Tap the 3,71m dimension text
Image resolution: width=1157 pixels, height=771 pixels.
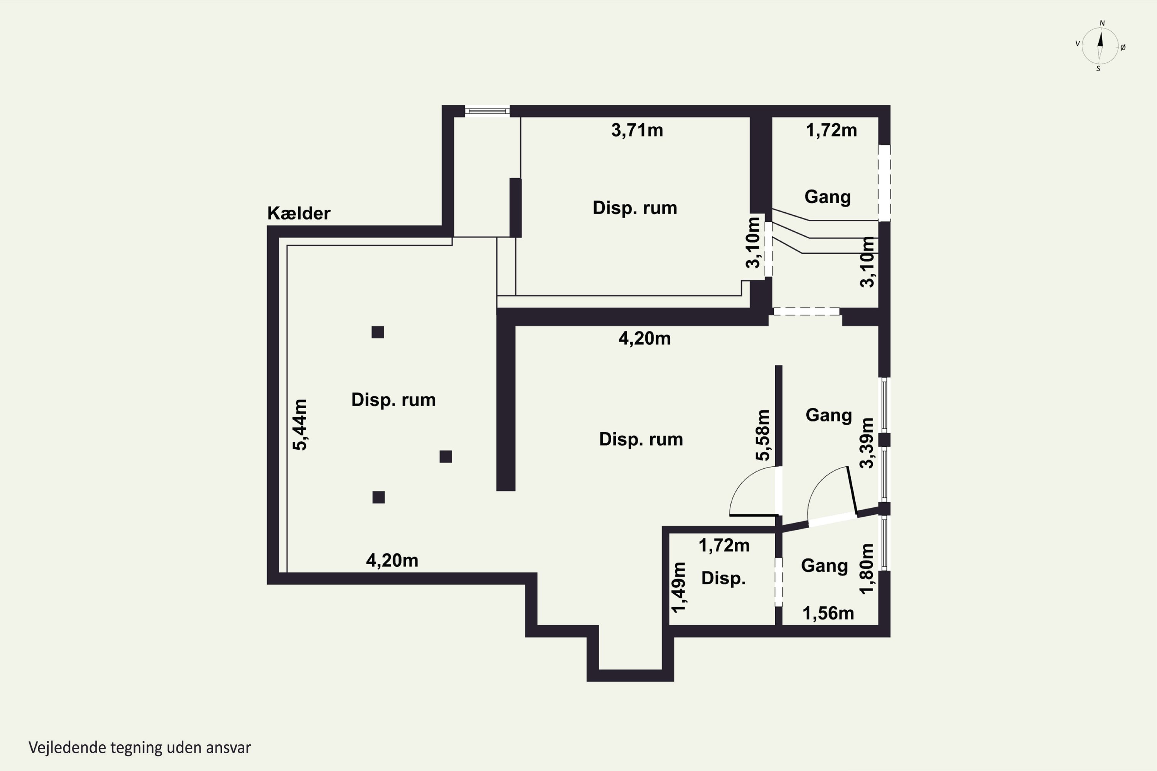(637, 130)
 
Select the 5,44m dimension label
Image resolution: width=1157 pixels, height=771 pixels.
(300, 425)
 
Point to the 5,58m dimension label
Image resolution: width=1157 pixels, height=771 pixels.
(762, 435)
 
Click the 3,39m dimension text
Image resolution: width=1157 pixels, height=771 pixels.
(867, 443)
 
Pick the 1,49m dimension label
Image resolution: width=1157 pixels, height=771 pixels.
(678, 588)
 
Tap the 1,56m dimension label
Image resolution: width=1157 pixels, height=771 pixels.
(828, 613)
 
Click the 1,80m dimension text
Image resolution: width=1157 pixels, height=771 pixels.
(867, 569)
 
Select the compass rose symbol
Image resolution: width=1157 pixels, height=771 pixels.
(1100, 46)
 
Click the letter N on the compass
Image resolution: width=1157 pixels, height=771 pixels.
(1102, 23)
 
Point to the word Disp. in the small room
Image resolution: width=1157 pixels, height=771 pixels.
(723, 578)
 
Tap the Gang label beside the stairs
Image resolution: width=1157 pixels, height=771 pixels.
(827, 197)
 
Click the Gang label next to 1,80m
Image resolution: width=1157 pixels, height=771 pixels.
(825, 566)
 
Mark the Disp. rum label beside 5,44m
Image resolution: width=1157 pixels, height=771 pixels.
(393, 400)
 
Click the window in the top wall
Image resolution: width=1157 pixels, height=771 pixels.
(487, 111)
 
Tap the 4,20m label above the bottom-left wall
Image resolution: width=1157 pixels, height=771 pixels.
(392, 561)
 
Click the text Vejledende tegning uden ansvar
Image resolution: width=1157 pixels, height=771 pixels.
(140, 747)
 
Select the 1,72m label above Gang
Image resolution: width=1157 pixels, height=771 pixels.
(831, 130)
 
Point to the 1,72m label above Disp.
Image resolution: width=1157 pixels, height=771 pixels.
(724, 545)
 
